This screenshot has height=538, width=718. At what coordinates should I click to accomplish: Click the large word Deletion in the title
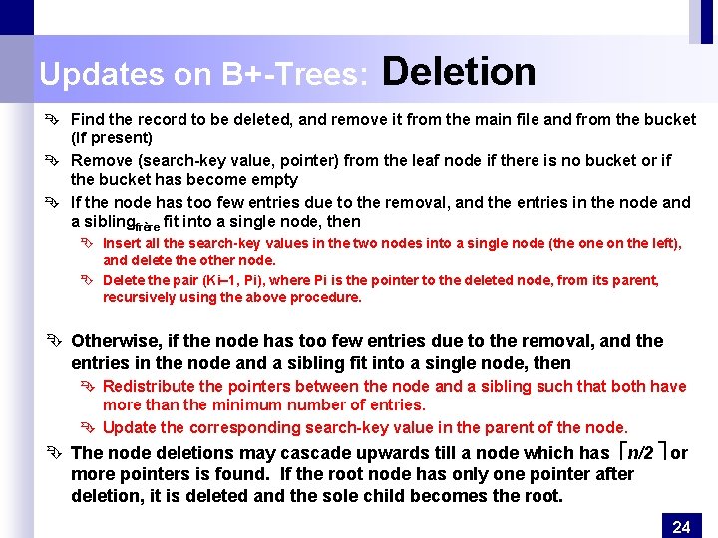coord(459,72)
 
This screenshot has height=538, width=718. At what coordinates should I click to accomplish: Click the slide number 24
coord(681,527)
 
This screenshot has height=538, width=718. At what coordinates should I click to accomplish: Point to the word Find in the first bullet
coord(89,119)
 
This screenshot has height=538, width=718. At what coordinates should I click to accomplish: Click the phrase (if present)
coord(112,137)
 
